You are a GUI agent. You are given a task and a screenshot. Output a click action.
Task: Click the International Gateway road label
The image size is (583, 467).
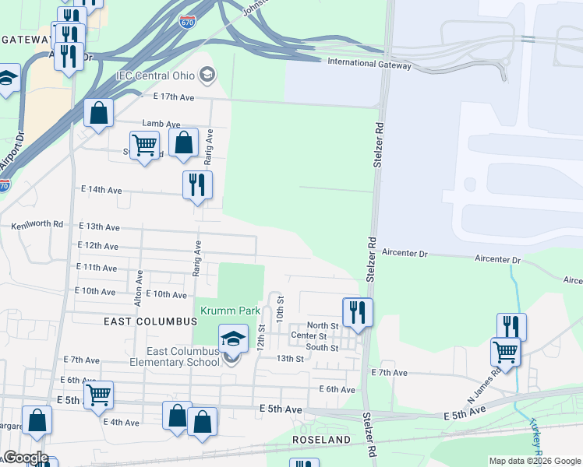click(x=369, y=65)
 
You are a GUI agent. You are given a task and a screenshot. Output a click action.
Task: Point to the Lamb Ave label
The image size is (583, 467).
click(x=161, y=124)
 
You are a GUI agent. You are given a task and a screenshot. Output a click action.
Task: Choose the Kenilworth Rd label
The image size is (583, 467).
click(x=37, y=224)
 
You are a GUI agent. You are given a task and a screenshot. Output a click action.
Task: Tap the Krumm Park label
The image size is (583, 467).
click(x=230, y=311)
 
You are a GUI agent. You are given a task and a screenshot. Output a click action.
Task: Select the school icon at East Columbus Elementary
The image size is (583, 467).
click(x=232, y=339)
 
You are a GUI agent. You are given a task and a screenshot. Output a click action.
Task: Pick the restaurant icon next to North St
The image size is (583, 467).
click(x=358, y=313)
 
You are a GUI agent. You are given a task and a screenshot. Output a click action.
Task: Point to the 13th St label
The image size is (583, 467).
click(x=289, y=358)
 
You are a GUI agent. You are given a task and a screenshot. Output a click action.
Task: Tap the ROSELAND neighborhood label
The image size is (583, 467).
click(x=321, y=440)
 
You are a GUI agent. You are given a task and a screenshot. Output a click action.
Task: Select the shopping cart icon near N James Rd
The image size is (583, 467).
click(x=505, y=352)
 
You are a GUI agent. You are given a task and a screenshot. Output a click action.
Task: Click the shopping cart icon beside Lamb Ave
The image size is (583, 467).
click(x=144, y=145)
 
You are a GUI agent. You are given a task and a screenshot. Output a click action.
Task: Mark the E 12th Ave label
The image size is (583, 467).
click(x=98, y=246)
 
